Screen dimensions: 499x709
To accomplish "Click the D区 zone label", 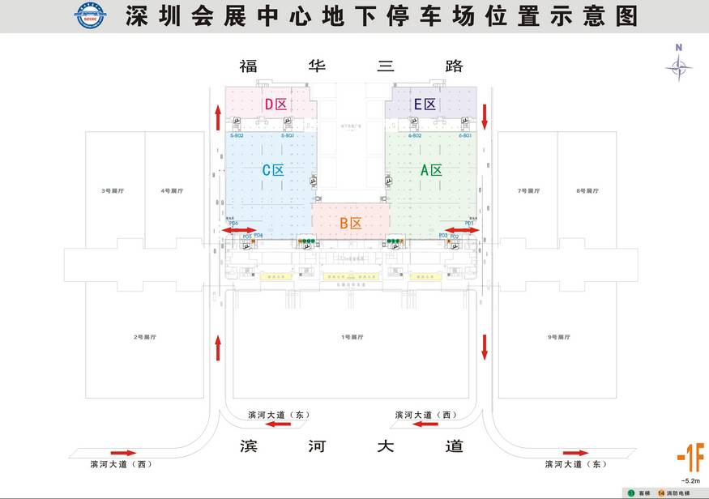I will [x=275, y=104].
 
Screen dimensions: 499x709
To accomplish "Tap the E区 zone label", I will [x=425, y=104].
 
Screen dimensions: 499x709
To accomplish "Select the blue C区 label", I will [x=272, y=170].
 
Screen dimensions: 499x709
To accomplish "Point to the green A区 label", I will [x=431, y=170].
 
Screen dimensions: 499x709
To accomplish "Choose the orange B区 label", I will [x=350, y=223].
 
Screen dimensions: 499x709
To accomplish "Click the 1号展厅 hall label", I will [x=350, y=336].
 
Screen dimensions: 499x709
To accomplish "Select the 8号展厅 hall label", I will [x=587, y=191].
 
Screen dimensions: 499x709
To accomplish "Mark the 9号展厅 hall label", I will [x=558, y=336].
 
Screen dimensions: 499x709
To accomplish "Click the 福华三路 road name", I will [x=350, y=66].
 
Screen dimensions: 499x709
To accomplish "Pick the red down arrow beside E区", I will [x=485, y=115].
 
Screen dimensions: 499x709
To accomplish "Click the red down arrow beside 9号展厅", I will [x=485, y=347].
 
